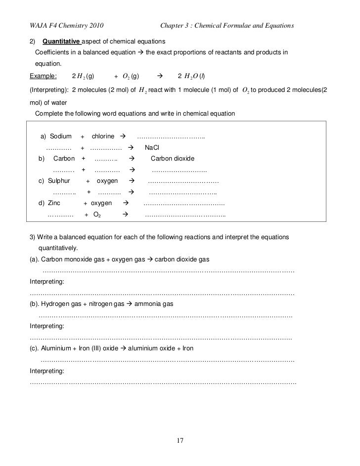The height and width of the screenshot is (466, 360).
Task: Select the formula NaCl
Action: coord(152,147)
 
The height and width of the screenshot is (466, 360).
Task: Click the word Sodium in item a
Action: coord(60,136)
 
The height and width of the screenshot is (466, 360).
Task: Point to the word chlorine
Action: coord(103,136)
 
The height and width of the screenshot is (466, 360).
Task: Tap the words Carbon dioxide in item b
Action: coord(173,159)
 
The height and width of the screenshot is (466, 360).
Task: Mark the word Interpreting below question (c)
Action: coord(46,371)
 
